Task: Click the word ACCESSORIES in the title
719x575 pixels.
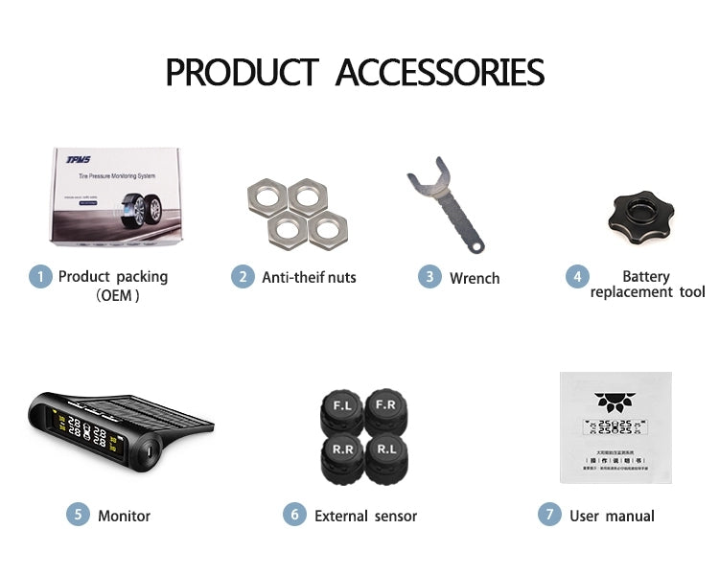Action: pos(440,73)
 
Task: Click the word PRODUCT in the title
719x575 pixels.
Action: pos(242,73)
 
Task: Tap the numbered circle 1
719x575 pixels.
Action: pos(39,277)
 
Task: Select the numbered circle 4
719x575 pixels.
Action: pos(576,277)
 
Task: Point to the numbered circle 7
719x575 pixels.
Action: pos(548,515)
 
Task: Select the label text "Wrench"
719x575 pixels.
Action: pos(475,278)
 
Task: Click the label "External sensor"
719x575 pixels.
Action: pos(365,516)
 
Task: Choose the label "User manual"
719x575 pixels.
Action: pos(612,516)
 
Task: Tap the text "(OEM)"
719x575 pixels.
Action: pos(119,296)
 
